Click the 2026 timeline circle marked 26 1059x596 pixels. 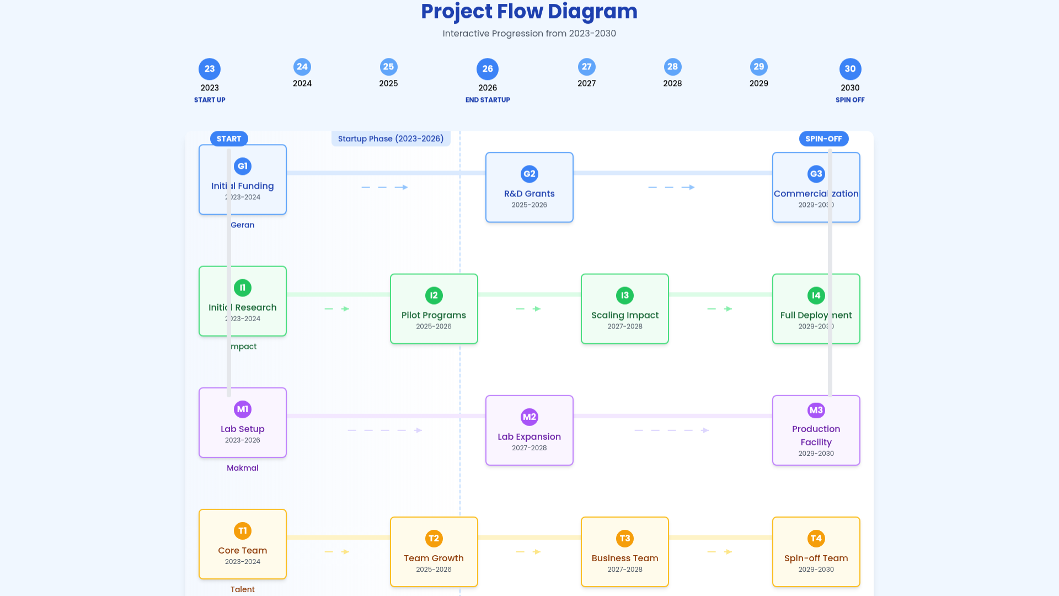pyautogui.click(x=488, y=69)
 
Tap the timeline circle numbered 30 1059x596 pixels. pyautogui.click(x=850, y=69)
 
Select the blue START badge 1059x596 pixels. pyautogui.click(x=229, y=139)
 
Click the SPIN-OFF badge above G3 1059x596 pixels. pyautogui.click(x=823, y=139)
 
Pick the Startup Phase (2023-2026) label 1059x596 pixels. pyautogui.click(x=391, y=139)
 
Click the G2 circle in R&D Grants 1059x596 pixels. pyautogui.click(x=529, y=174)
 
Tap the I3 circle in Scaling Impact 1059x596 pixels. pyautogui.click(x=625, y=295)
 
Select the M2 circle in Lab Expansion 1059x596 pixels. pyautogui.click(x=529, y=417)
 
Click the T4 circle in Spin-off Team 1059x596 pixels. pyautogui.click(x=816, y=538)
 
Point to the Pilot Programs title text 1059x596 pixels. pyautogui.click(x=434, y=315)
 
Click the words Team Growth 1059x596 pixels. pyautogui.click(x=434, y=558)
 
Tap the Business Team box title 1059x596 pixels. pyautogui.click(x=625, y=558)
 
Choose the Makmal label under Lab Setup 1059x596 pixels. pyautogui.click(x=243, y=467)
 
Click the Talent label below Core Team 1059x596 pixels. pyautogui.click(x=243, y=589)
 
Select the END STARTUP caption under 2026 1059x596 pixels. pyautogui.click(x=488, y=100)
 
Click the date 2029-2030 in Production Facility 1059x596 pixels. pyautogui.click(x=816, y=453)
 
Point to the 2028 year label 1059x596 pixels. pyautogui.click(x=672, y=83)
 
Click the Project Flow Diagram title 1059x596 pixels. pyautogui.click(x=529, y=12)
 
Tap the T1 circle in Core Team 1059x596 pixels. pyautogui.click(x=243, y=530)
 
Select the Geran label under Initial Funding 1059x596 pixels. pyautogui.click(x=243, y=225)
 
